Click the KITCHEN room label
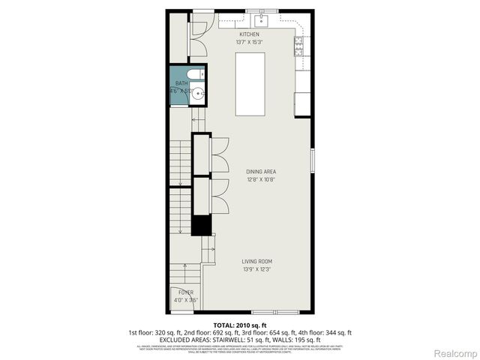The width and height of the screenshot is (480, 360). (x=249, y=34)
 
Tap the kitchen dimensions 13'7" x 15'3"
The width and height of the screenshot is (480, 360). (x=249, y=43)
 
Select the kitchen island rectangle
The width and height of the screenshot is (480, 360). (x=250, y=84)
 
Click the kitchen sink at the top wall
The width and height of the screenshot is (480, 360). (x=263, y=19)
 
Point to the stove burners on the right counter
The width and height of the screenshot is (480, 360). (x=299, y=46)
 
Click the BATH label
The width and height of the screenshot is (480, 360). (x=181, y=83)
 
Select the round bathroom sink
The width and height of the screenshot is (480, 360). (x=198, y=94)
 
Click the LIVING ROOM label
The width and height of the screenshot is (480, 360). (x=256, y=262)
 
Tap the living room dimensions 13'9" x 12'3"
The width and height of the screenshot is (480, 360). (x=256, y=270)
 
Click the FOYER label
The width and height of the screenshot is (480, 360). (x=184, y=292)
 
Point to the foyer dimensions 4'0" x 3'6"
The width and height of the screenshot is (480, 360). (x=184, y=300)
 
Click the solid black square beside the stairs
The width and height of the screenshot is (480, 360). (x=201, y=225)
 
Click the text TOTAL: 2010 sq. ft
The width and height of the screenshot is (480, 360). (x=239, y=325)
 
